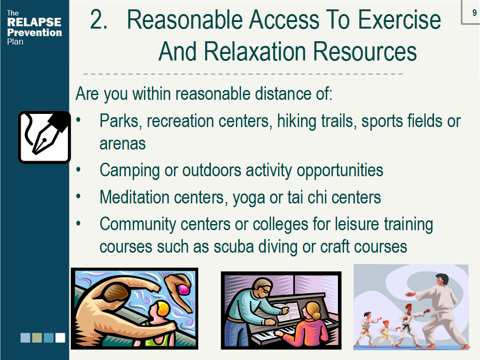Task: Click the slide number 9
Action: click(474, 13)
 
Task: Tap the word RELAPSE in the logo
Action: click(34, 22)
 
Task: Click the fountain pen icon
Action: click(45, 137)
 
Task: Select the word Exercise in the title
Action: click(399, 20)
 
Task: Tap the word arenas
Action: click(122, 144)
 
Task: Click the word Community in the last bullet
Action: click(138, 225)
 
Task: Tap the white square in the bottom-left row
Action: click(60, 337)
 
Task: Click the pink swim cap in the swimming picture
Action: click(184, 289)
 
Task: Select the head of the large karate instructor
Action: click(442, 280)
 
